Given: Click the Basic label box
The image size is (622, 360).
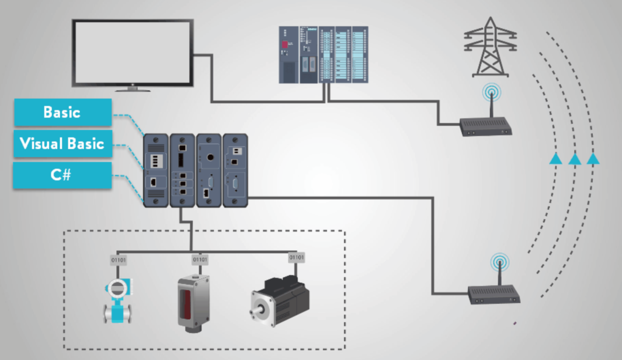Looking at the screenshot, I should coord(63,112).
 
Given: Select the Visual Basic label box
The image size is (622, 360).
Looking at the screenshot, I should coord(63,144).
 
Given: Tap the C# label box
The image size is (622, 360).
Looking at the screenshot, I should coord(63,175).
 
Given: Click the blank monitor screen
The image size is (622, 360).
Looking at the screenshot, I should coord(133,52).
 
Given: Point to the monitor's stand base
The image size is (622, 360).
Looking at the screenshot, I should coord(133,90).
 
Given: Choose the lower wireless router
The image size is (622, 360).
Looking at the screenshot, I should coord(494,295).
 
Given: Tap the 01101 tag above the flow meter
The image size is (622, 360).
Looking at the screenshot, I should coord(118,260).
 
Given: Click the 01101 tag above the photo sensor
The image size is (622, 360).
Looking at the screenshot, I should coord(200,260).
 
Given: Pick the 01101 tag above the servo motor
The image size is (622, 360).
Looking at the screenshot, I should coord(296,258).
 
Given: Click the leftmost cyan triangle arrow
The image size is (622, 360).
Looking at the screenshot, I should coord(556,158).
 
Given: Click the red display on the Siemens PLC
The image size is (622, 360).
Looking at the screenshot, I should coord(285,44).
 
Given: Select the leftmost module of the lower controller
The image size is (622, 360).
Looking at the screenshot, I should coord(156,171).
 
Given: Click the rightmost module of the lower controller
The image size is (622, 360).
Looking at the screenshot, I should coord(235,171).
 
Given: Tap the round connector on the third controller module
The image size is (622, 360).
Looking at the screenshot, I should coord(209,158).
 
